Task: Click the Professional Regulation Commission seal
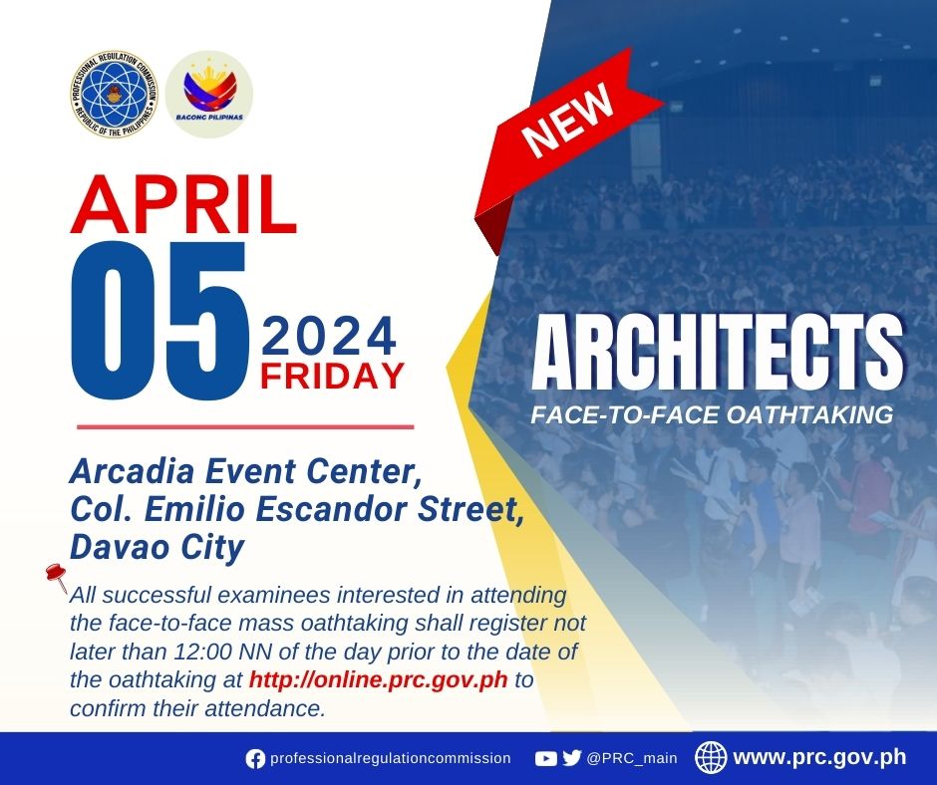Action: (115, 94)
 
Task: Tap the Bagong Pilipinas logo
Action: (209, 94)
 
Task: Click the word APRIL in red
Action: (183, 204)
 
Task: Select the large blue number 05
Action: (159, 320)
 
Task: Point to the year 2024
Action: (329, 337)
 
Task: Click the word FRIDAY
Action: (332, 376)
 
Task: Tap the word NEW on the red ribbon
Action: (567, 119)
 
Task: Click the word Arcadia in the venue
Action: (132, 472)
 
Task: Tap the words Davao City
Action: (157, 548)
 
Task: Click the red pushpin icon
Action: (56, 576)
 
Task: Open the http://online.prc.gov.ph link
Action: (378, 680)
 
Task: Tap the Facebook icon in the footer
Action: (255, 759)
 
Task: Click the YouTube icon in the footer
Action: (545, 759)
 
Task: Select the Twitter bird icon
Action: (572, 758)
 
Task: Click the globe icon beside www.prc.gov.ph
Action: (711, 757)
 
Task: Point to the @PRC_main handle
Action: (632, 759)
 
